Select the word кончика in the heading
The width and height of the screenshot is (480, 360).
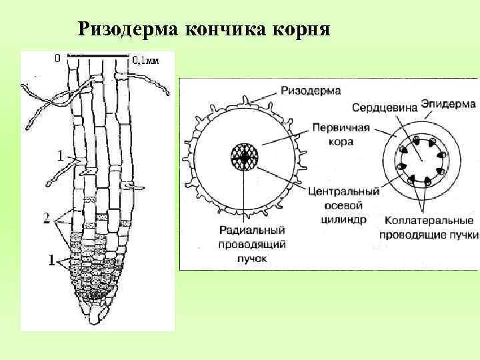click(x=223, y=29)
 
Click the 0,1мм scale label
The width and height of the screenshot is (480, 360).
click(x=145, y=60)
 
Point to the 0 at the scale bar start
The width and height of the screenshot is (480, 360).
click(x=57, y=59)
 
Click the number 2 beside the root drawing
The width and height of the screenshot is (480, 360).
click(x=47, y=218)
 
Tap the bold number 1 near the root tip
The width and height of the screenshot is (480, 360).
click(x=50, y=261)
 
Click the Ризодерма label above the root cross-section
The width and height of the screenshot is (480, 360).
click(x=311, y=90)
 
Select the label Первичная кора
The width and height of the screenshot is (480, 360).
click(x=331, y=135)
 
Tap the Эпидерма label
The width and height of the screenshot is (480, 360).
click(x=448, y=105)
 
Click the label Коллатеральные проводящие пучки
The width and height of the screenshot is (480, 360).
click(x=429, y=227)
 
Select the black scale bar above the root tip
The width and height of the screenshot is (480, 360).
click(x=101, y=53)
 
